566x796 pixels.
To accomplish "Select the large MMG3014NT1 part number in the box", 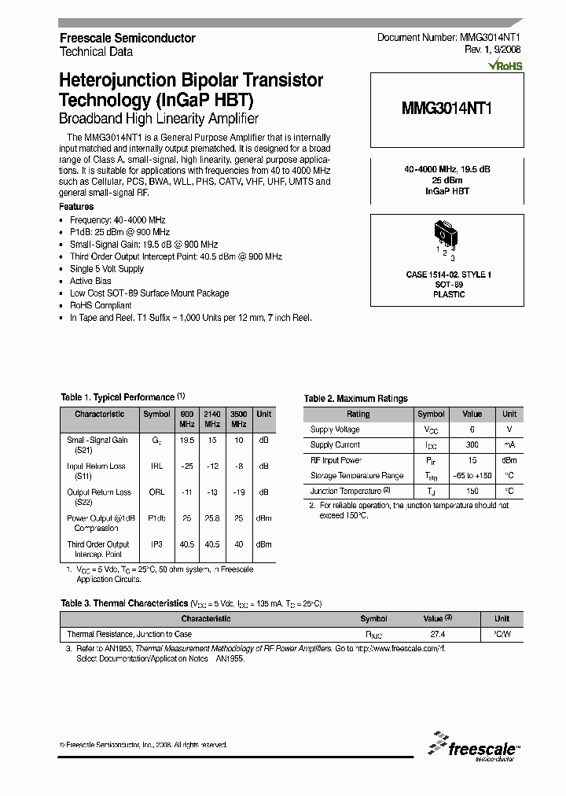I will coord(447,109).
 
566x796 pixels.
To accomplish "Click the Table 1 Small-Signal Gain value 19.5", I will coord(187,440).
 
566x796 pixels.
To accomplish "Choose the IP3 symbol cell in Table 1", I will coord(156,544).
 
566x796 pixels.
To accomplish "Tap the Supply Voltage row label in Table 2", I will coord(335,429).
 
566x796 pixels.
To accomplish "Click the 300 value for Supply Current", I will coord(472,445).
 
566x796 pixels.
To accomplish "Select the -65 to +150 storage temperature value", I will coord(472,476).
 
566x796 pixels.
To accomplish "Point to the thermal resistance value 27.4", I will coord(438,634).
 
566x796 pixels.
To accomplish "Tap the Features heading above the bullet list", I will coord(77,207).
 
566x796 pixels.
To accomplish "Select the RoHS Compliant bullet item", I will coord(101,305).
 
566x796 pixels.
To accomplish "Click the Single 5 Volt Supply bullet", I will coord(107,269).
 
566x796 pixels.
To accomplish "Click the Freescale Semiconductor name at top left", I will coord(127,38).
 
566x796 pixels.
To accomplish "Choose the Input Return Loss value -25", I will coord(187,466).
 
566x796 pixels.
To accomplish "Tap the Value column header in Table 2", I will coord(472,414).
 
